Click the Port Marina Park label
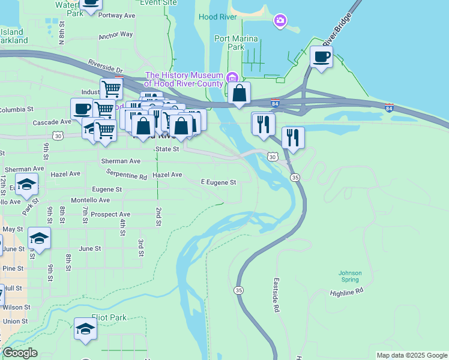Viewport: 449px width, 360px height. [237, 43]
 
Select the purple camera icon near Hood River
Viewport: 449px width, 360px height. [280, 22]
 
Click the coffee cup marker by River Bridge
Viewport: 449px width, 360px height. [321, 58]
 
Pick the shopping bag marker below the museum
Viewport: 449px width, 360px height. [239, 94]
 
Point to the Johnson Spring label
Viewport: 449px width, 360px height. [350, 277]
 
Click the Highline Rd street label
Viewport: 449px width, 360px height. [347, 291]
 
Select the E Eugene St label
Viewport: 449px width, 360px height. [218, 182]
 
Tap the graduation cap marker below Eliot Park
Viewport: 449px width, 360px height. [85, 329]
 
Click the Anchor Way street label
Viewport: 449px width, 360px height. [116, 35]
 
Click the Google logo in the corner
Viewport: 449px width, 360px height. [20, 353]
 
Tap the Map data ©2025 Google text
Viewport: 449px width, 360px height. [412, 355]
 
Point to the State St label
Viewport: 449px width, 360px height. [167, 149]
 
